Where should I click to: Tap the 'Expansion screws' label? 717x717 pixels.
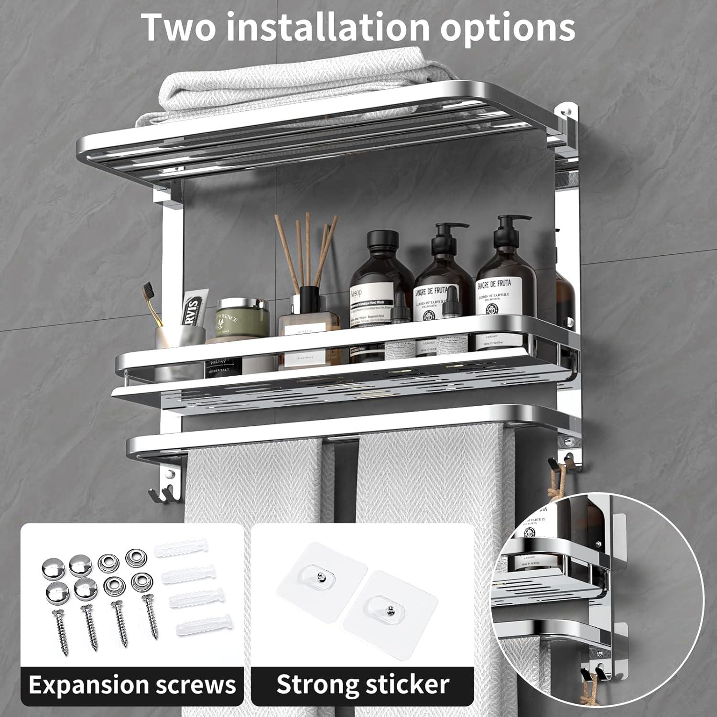pyautogui.click(x=132, y=684)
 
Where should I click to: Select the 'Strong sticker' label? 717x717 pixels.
pyautogui.click(x=363, y=684)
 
